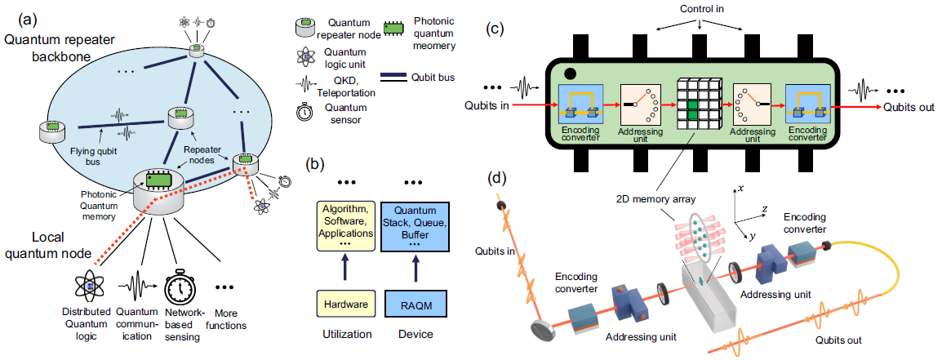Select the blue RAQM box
click(411, 304)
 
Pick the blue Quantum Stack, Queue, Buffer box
click(412, 227)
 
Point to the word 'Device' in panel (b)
click(411, 335)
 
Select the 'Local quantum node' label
click(38, 245)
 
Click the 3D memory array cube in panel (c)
click(697, 104)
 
